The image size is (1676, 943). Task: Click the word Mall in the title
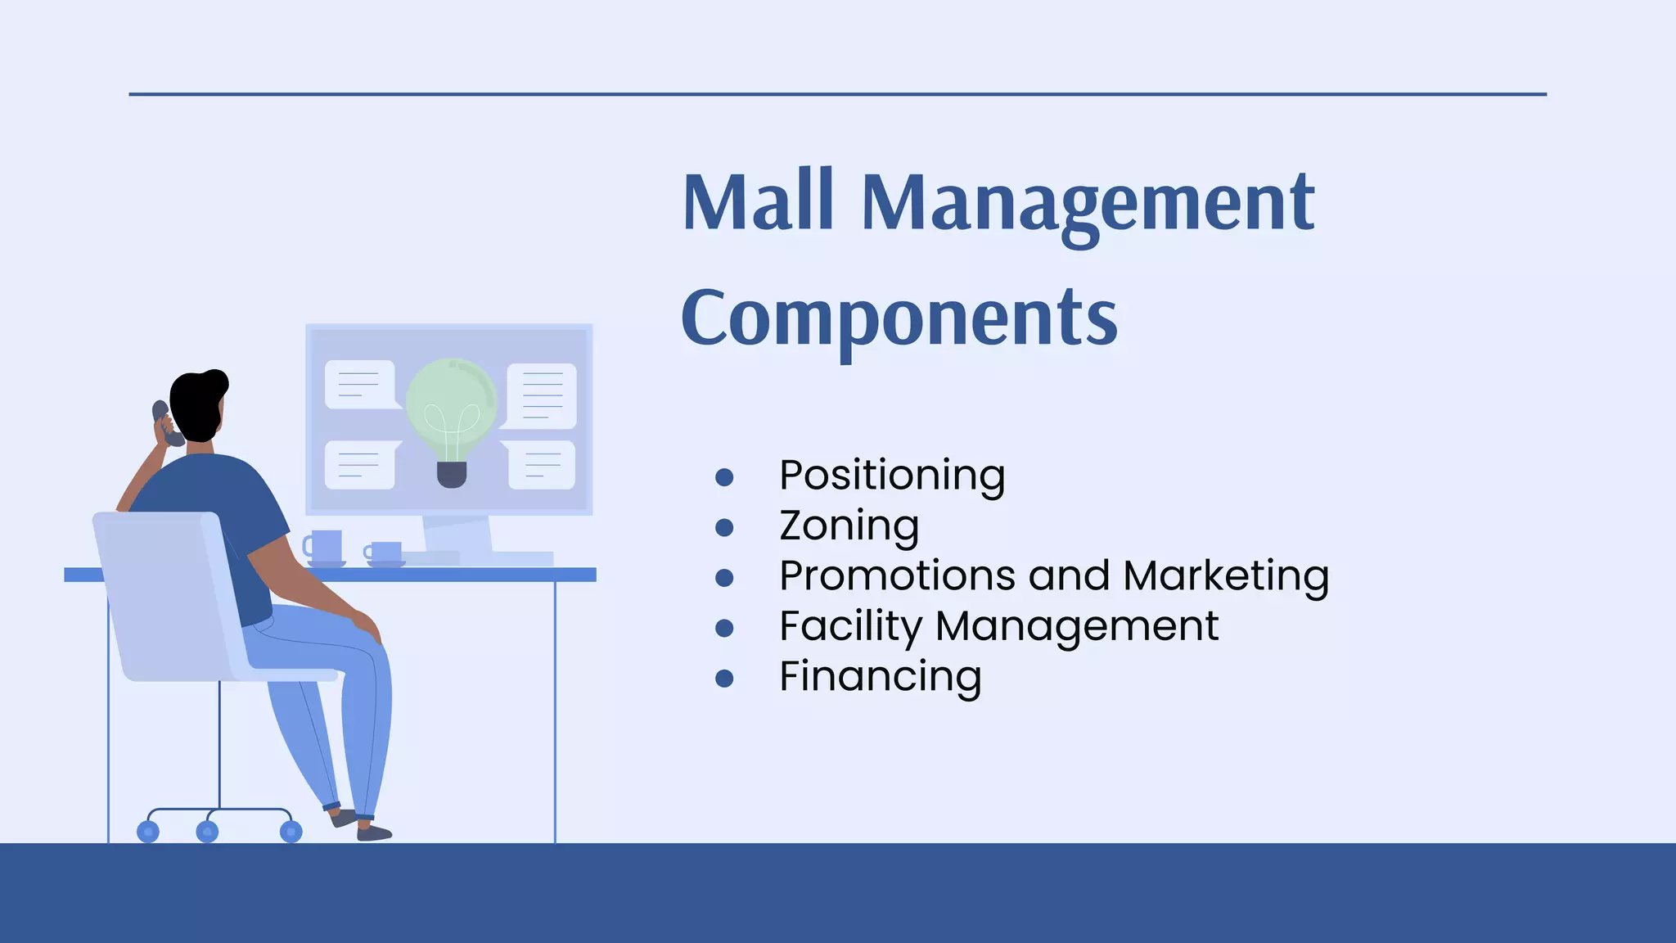(x=758, y=201)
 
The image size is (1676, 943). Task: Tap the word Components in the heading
(x=899, y=318)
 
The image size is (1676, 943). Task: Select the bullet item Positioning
(x=892, y=476)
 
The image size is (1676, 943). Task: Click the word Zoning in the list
(x=849, y=526)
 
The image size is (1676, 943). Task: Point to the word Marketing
(x=1225, y=575)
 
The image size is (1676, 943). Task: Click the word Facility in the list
(x=850, y=626)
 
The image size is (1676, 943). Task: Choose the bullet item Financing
(x=880, y=677)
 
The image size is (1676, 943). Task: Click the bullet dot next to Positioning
(x=723, y=477)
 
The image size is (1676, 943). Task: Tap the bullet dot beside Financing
(x=723, y=679)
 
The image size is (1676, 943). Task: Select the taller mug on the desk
(x=325, y=546)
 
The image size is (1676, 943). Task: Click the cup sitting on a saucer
(x=384, y=553)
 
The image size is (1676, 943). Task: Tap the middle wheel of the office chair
(x=208, y=832)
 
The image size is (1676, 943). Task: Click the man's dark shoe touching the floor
(x=375, y=833)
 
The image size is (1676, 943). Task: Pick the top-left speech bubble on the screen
(x=359, y=384)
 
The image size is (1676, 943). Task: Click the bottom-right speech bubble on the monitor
(x=542, y=465)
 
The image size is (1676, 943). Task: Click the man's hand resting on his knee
(x=366, y=625)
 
